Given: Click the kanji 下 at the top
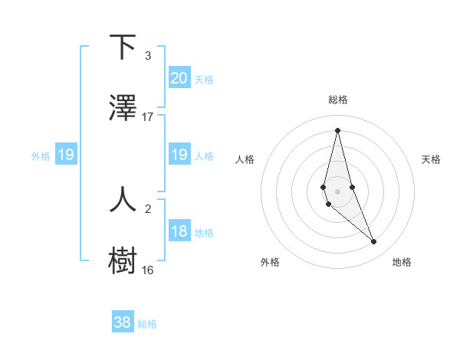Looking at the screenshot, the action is click(123, 48).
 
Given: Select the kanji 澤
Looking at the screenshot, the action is click(123, 110).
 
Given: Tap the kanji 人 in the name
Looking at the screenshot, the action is click(123, 199).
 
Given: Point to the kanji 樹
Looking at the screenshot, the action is click(123, 261).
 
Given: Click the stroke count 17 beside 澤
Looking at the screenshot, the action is click(148, 117).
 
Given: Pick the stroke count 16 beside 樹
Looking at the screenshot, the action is click(148, 270).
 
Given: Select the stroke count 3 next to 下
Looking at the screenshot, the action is click(148, 56).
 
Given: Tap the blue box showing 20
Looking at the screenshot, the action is click(179, 78).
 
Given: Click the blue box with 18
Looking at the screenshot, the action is click(179, 232).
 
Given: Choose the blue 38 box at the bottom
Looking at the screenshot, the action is click(123, 322).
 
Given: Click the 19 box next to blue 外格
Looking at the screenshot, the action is click(66, 155).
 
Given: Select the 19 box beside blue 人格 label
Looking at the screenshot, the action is click(179, 155).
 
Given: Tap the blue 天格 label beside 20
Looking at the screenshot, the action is click(204, 80).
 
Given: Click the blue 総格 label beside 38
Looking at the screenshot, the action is click(147, 324).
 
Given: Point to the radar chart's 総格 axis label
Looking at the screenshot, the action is click(338, 100).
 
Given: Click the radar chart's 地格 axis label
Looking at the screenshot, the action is click(402, 263).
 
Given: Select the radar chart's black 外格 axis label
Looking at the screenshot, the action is click(270, 263).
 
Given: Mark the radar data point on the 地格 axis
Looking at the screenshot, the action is click(374, 242).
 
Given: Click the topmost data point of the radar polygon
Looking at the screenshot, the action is click(337, 130).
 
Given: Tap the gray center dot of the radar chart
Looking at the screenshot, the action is click(337, 191).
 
